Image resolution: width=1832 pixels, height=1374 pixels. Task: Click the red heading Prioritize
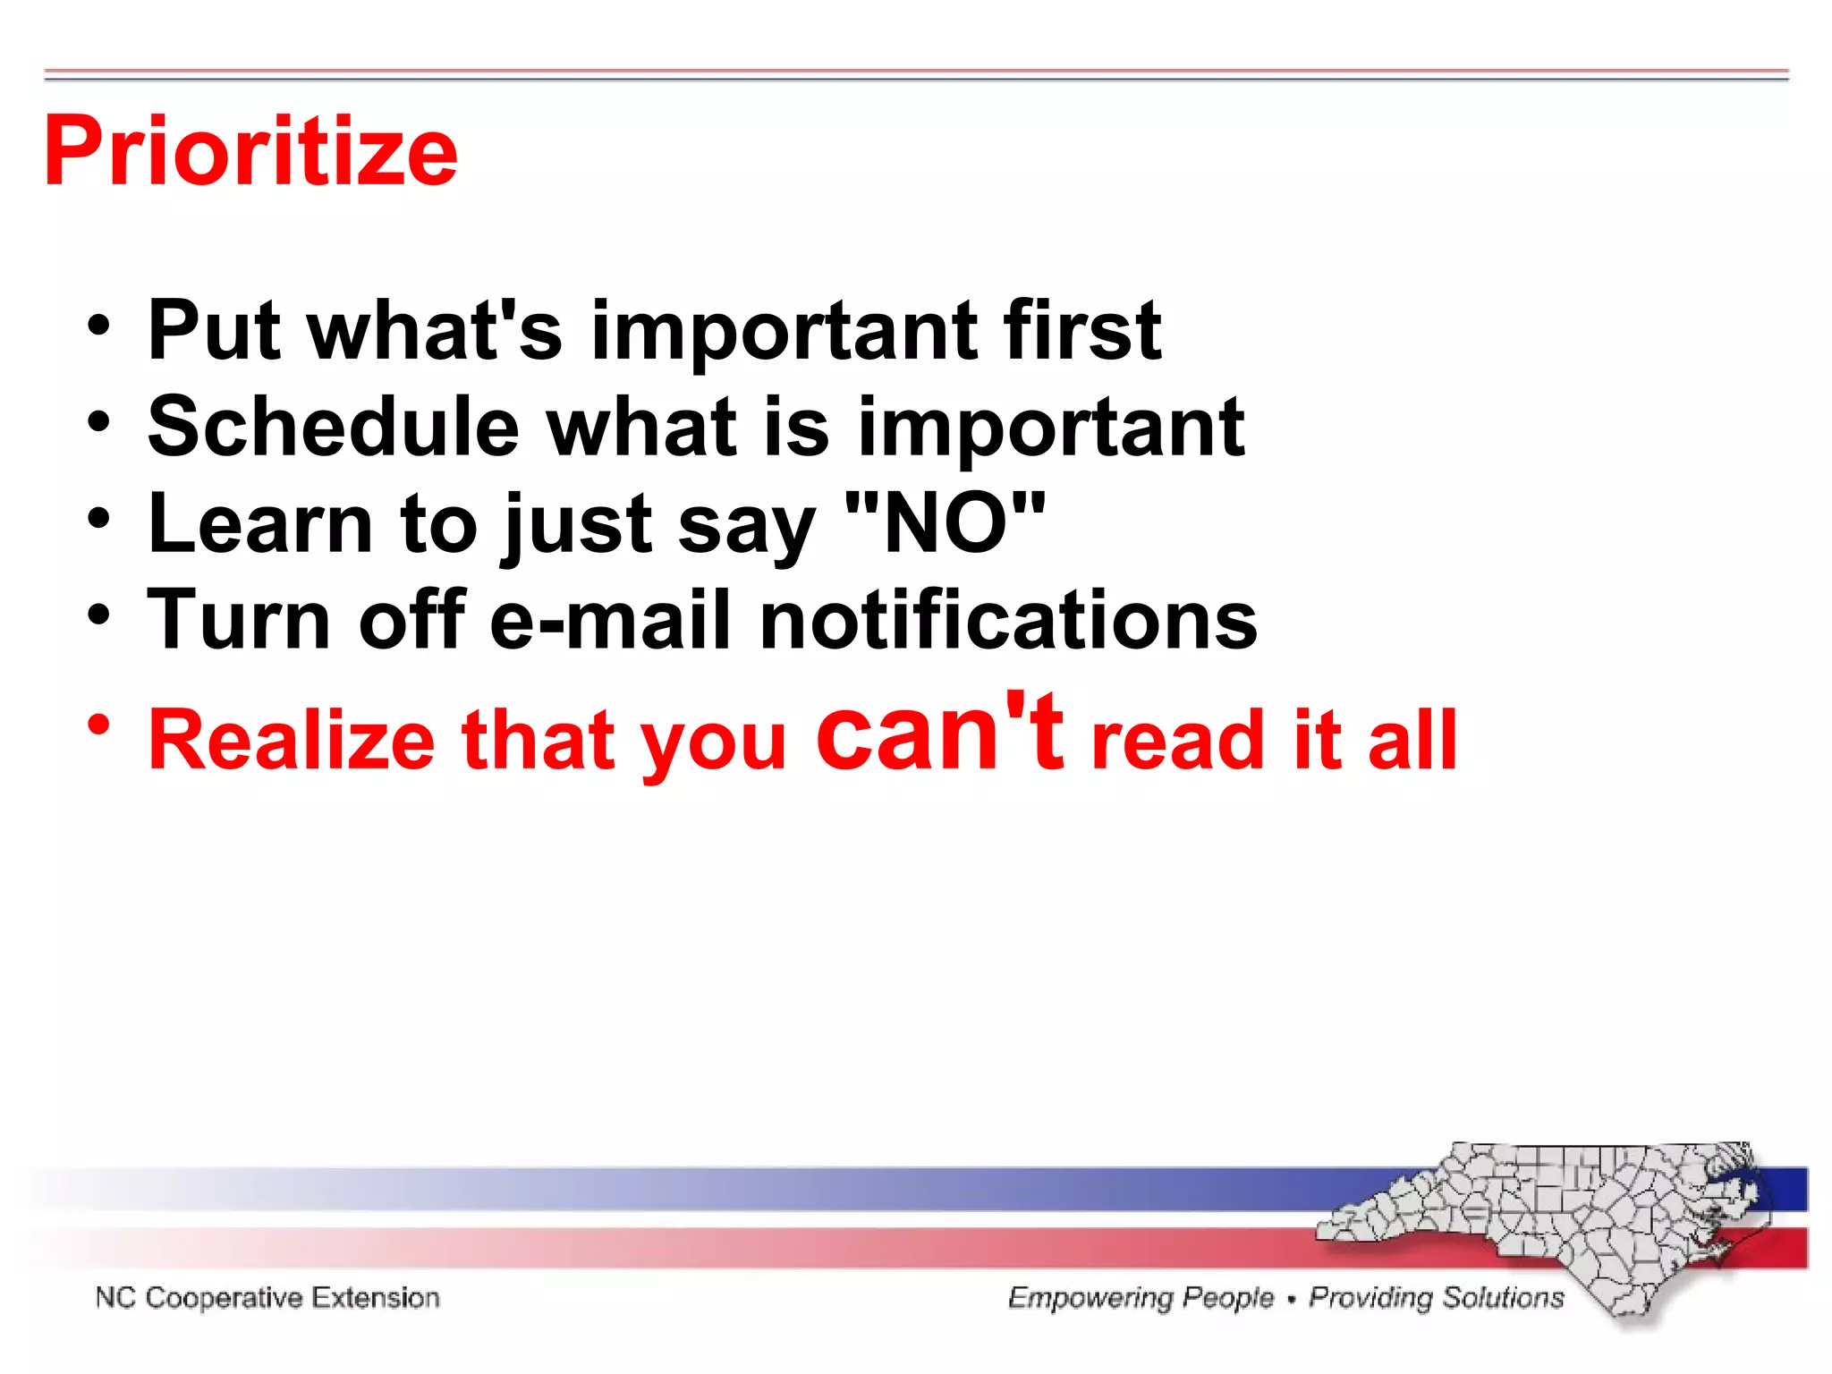[250, 152]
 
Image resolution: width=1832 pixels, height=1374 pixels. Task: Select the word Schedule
[333, 428]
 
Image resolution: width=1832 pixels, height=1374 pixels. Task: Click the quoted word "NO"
[945, 524]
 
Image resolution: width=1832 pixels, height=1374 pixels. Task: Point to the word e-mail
[609, 621]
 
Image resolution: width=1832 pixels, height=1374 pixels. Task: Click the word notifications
[1008, 621]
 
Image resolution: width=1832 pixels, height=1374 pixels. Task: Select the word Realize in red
[292, 741]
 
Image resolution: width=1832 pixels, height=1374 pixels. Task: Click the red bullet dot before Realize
[99, 724]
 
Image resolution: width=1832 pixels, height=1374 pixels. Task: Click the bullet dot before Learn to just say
[99, 519]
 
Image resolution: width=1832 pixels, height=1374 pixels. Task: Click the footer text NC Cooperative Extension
[267, 1298]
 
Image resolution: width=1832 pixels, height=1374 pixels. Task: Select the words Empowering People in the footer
[1141, 1298]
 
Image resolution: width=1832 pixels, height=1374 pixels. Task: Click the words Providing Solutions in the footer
[1436, 1298]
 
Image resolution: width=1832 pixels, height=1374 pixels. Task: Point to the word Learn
[259, 524]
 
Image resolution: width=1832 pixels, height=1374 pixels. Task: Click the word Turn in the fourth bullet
[238, 621]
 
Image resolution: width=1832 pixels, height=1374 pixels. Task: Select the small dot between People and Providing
[1291, 1299]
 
